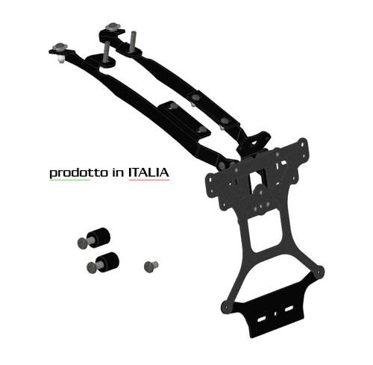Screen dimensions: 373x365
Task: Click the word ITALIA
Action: (x=148, y=172)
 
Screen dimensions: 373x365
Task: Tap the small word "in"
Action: (x=118, y=172)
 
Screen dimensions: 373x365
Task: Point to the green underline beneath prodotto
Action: (x=70, y=179)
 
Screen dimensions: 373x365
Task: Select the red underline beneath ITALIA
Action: (x=149, y=179)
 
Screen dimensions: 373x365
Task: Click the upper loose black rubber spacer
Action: (x=98, y=237)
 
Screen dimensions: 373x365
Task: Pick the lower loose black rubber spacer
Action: (x=107, y=263)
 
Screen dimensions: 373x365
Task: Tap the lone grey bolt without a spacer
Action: (x=151, y=266)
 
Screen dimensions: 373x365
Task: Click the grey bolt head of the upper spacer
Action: (x=82, y=243)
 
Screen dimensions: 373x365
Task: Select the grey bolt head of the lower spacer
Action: (x=92, y=268)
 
